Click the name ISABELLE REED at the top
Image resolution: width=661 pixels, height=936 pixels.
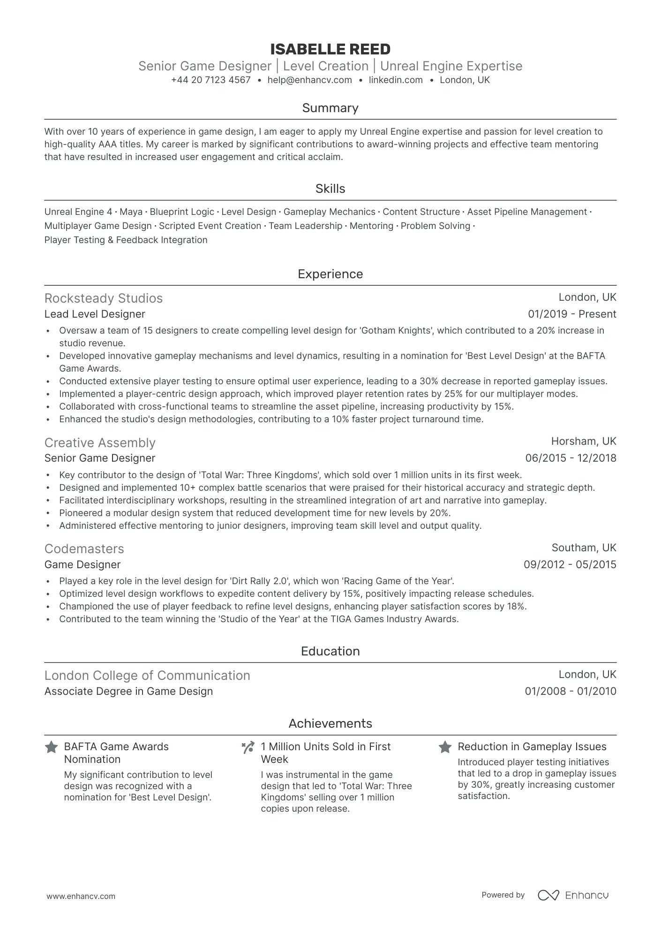330,49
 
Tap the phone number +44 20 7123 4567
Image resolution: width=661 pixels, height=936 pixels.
211,80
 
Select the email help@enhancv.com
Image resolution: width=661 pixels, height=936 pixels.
309,80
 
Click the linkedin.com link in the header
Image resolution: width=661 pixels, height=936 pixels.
396,80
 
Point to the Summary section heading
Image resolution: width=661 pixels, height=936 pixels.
330,108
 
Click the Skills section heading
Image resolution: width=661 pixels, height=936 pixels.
330,189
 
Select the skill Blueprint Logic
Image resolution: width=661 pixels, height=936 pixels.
182,212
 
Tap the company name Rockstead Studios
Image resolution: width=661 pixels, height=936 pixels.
104,298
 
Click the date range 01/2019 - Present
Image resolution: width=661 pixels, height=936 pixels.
572,314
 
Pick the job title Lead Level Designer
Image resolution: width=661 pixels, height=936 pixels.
95,314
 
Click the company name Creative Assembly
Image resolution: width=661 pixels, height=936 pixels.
100,443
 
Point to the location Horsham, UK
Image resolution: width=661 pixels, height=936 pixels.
584,441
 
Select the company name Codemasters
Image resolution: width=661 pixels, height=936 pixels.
84,549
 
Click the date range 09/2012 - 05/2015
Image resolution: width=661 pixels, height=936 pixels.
570,565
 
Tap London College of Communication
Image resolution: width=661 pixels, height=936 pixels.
147,676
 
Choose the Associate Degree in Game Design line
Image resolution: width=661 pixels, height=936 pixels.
128,692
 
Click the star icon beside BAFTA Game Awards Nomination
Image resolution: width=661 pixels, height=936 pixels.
51,747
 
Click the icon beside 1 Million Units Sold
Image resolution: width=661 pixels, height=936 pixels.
248,747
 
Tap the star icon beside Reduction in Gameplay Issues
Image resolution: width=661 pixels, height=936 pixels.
445,747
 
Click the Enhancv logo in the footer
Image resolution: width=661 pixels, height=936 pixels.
573,895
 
